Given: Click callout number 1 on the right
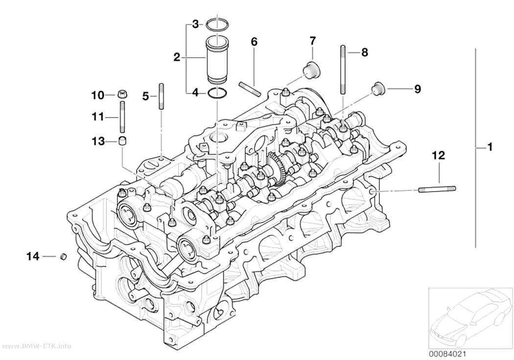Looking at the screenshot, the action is tap(490, 147).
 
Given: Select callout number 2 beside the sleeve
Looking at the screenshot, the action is tap(177, 58).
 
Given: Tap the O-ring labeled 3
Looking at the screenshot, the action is tap(217, 24).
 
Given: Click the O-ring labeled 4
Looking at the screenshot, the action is tap(217, 93).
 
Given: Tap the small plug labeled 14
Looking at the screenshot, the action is tap(63, 256).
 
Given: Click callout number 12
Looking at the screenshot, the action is tap(439, 155).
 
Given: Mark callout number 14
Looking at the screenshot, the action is tap(33, 256).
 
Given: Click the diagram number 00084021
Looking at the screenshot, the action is tap(447, 354).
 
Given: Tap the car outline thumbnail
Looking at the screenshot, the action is tap(471, 318).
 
